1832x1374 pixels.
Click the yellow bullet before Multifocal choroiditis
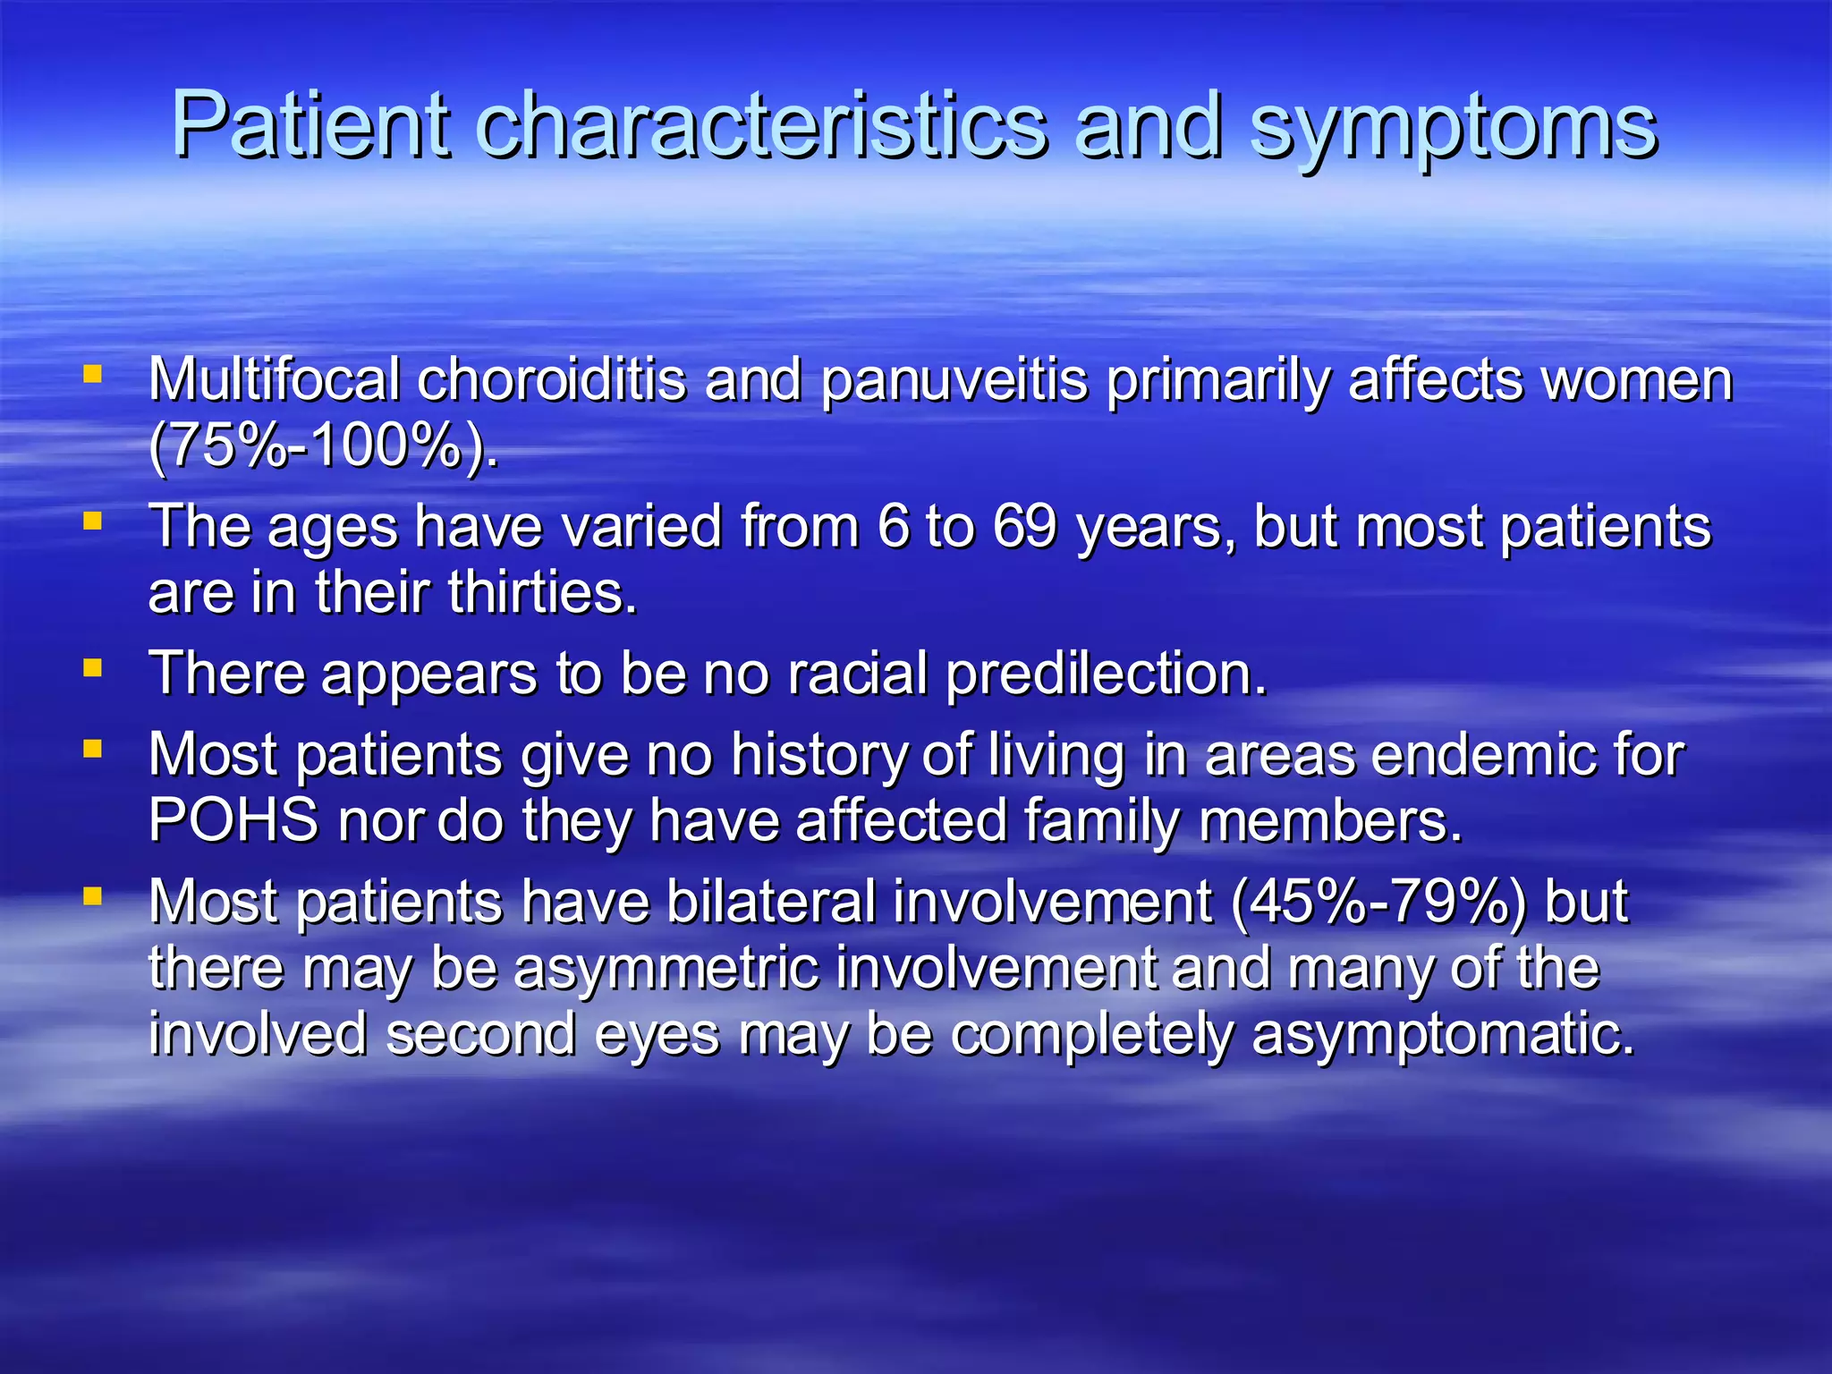pyautogui.click(x=92, y=373)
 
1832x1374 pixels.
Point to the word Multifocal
pyautogui.click(x=274, y=379)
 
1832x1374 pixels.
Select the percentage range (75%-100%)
pyautogui.click(x=322, y=445)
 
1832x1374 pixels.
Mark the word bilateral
pyautogui.click(x=771, y=902)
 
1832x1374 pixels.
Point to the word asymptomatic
pyautogui.click(x=1443, y=1035)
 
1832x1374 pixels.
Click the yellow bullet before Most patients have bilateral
pyautogui.click(x=92, y=895)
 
